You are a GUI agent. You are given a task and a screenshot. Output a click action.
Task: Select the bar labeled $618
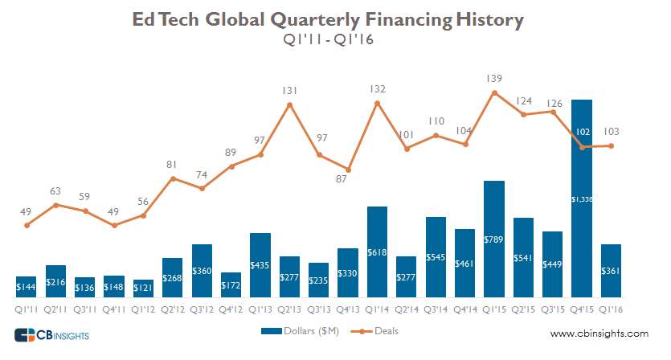(377, 252)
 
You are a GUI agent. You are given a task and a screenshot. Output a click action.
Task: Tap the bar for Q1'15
(494, 239)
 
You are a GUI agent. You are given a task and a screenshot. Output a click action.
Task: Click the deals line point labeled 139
(494, 92)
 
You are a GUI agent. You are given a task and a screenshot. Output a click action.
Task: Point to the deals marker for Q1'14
(377, 103)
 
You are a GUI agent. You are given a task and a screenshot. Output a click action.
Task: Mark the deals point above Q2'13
(289, 104)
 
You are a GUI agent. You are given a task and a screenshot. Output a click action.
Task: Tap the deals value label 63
(55, 191)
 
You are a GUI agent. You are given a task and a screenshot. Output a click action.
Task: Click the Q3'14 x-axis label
(436, 307)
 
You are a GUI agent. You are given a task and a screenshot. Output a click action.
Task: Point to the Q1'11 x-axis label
(27, 307)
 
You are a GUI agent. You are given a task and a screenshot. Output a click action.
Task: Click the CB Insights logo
(51, 334)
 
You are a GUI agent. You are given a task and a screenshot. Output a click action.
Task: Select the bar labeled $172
(231, 284)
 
